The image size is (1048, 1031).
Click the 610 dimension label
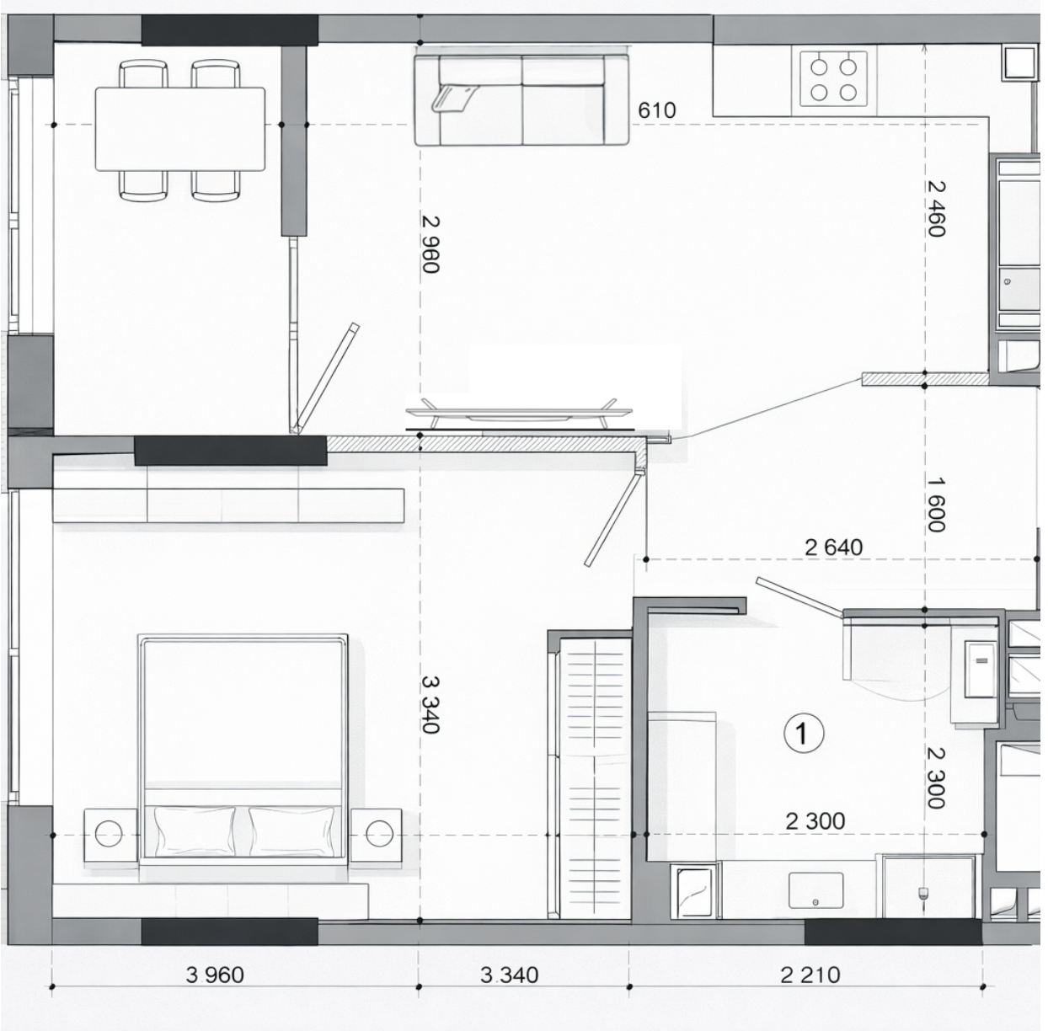[x=656, y=110]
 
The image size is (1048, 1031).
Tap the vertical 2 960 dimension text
[x=430, y=244]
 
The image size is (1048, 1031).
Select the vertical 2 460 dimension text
[x=936, y=209]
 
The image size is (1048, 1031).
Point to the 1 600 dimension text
[x=936, y=504]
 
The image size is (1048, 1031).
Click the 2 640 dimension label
[x=834, y=547]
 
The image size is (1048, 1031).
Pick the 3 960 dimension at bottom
[x=215, y=975]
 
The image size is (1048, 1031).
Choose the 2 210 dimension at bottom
[x=810, y=975]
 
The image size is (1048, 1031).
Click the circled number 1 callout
[x=803, y=734]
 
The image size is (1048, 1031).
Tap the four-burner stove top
[x=833, y=79]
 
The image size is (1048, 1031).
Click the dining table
[x=180, y=130]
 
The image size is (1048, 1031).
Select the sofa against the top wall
[x=521, y=99]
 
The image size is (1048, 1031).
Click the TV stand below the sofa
[x=520, y=414]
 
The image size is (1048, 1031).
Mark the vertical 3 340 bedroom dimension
[x=430, y=704]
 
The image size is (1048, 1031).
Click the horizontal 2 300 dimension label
[x=815, y=821]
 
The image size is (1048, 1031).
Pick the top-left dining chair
[x=143, y=74]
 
